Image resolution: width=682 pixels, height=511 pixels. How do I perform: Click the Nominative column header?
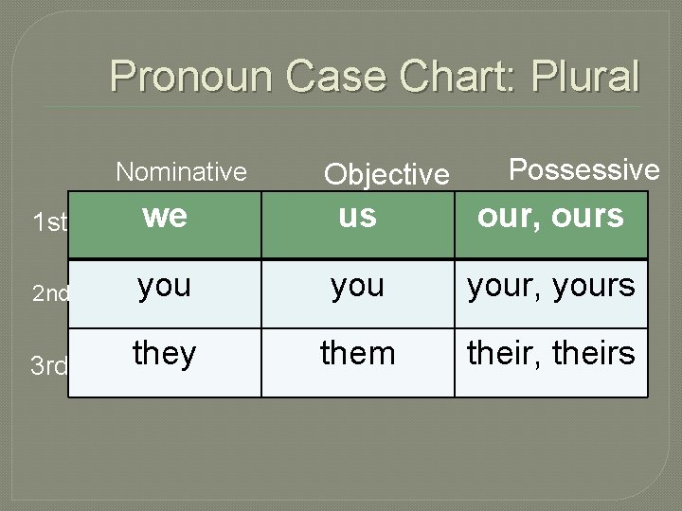tap(181, 171)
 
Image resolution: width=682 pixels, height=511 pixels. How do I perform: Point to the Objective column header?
tap(386, 174)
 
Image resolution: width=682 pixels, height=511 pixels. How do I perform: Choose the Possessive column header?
tap(583, 169)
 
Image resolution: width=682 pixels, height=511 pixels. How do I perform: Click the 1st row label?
tap(49, 223)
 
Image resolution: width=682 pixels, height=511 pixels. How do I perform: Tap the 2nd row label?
tap(50, 293)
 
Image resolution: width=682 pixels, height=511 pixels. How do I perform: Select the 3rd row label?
tap(48, 365)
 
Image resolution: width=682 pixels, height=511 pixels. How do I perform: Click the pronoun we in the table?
tap(165, 216)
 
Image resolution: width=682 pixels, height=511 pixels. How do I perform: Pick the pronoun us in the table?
tap(357, 216)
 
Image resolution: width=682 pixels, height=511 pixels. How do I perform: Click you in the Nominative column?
tap(164, 285)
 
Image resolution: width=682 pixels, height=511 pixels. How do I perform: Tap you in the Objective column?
tap(357, 285)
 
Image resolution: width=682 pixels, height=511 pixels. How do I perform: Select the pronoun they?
tap(165, 354)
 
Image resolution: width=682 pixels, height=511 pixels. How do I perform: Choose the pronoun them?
tap(357, 354)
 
